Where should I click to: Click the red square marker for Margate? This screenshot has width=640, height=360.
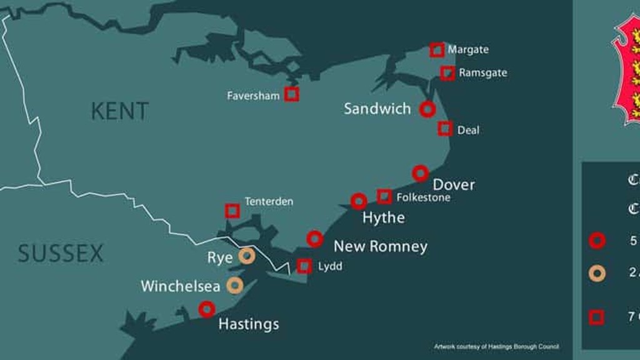pos(437,50)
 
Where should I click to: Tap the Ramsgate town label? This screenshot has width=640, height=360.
pos(482,73)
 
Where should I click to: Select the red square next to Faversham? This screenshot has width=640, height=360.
pos(291,94)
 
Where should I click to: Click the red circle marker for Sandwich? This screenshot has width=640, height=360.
pos(427,109)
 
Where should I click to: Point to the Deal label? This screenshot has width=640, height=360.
pos(468,131)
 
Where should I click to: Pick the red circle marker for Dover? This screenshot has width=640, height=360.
pos(421,173)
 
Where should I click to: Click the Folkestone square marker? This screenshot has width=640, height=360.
pos(384,196)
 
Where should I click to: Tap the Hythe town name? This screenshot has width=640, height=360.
pos(383,217)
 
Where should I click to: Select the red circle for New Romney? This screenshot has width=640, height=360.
pos(315,238)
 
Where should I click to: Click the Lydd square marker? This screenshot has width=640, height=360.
pos(304,266)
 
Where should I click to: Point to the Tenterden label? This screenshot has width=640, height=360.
pos(269,202)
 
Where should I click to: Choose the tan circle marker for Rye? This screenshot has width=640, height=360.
pos(247,255)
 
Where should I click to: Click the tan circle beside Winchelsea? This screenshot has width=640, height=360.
pos(234,286)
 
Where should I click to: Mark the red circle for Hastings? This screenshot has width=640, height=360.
pos(207,309)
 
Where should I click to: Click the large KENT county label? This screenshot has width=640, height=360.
pos(120,111)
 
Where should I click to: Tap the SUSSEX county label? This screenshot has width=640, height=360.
pos(61,254)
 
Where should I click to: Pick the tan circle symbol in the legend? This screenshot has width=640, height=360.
pos(597,272)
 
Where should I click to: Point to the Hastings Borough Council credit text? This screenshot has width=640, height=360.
pos(496,346)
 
